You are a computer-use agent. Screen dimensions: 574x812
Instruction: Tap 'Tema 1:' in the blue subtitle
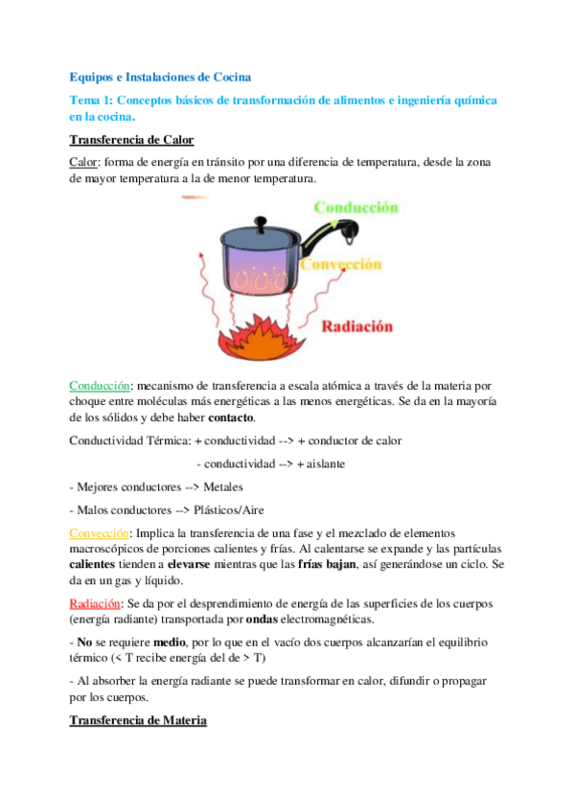(93, 100)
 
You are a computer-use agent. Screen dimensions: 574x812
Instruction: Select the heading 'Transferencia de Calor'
(131, 140)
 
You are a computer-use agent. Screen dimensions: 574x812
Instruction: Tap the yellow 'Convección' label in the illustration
(340, 263)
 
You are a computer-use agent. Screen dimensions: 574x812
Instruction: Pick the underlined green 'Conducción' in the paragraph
(100, 385)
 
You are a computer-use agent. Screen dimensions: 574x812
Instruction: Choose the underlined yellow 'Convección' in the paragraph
(100, 531)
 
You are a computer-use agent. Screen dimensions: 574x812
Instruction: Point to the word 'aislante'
(326, 462)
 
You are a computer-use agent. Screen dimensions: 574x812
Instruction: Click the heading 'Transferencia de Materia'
(138, 719)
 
